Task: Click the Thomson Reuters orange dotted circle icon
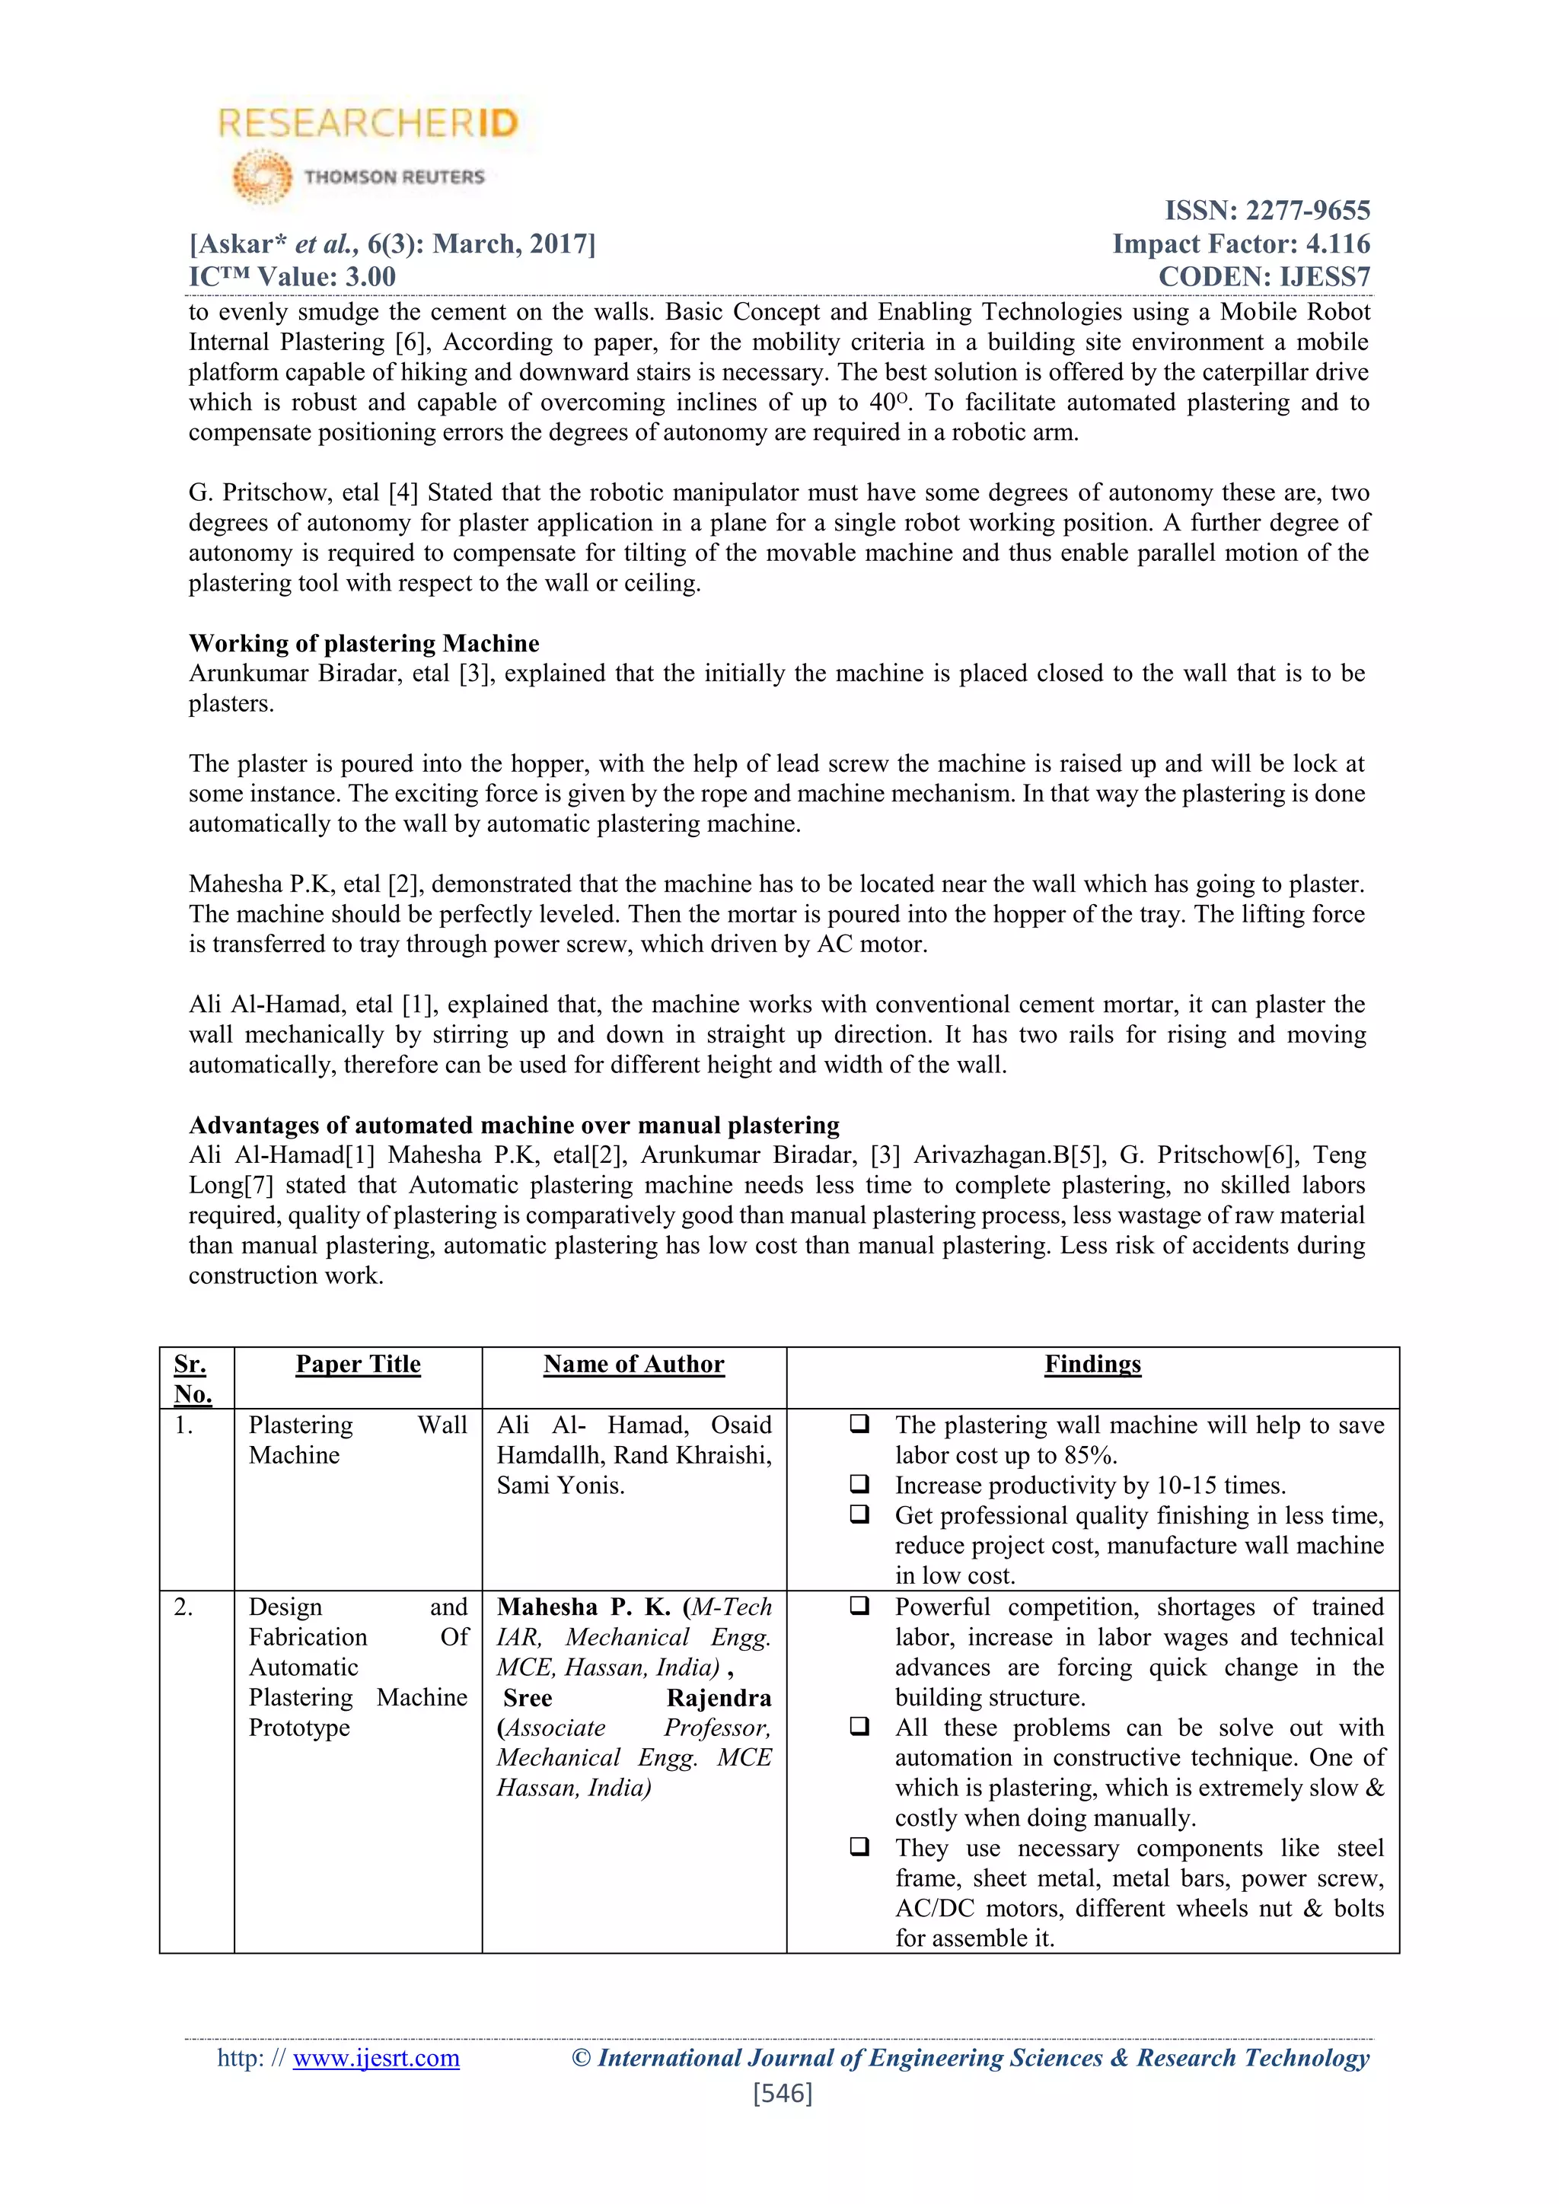click(x=262, y=177)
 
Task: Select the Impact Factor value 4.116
click(x=1337, y=244)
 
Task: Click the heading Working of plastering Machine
click(x=364, y=643)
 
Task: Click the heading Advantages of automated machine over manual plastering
click(x=514, y=1125)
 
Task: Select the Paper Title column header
click(x=358, y=1364)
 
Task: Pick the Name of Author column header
click(x=633, y=1364)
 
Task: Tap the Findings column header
click(x=1092, y=1364)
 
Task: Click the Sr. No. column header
click(x=192, y=1378)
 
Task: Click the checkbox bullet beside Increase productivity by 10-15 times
click(x=859, y=1484)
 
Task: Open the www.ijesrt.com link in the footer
click(x=375, y=2058)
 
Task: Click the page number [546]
click(x=783, y=2094)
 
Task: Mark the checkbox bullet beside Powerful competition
click(x=859, y=1606)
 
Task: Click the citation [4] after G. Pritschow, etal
click(x=402, y=493)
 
